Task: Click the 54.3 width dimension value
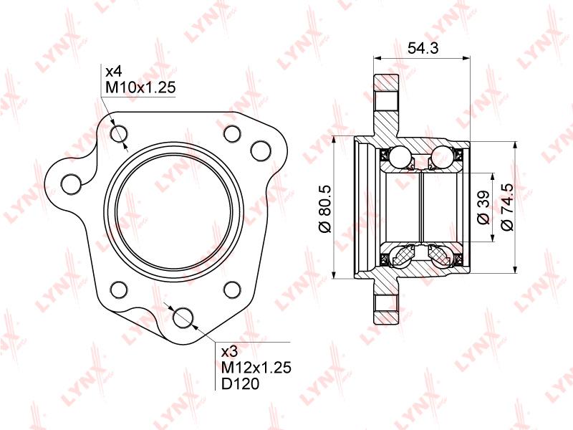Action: click(423, 48)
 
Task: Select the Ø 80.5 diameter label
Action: click(325, 209)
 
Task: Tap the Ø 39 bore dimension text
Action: click(483, 207)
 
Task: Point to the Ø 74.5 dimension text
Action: click(508, 207)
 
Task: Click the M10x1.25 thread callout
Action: click(140, 87)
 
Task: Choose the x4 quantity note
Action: click(113, 70)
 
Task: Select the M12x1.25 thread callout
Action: click(256, 367)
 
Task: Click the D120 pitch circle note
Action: click(240, 383)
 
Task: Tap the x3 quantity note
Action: click(229, 351)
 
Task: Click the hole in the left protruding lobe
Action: click(71, 184)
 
